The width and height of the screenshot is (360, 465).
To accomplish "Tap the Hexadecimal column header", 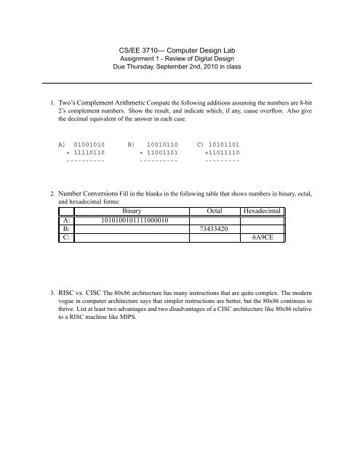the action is click(x=265, y=210).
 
